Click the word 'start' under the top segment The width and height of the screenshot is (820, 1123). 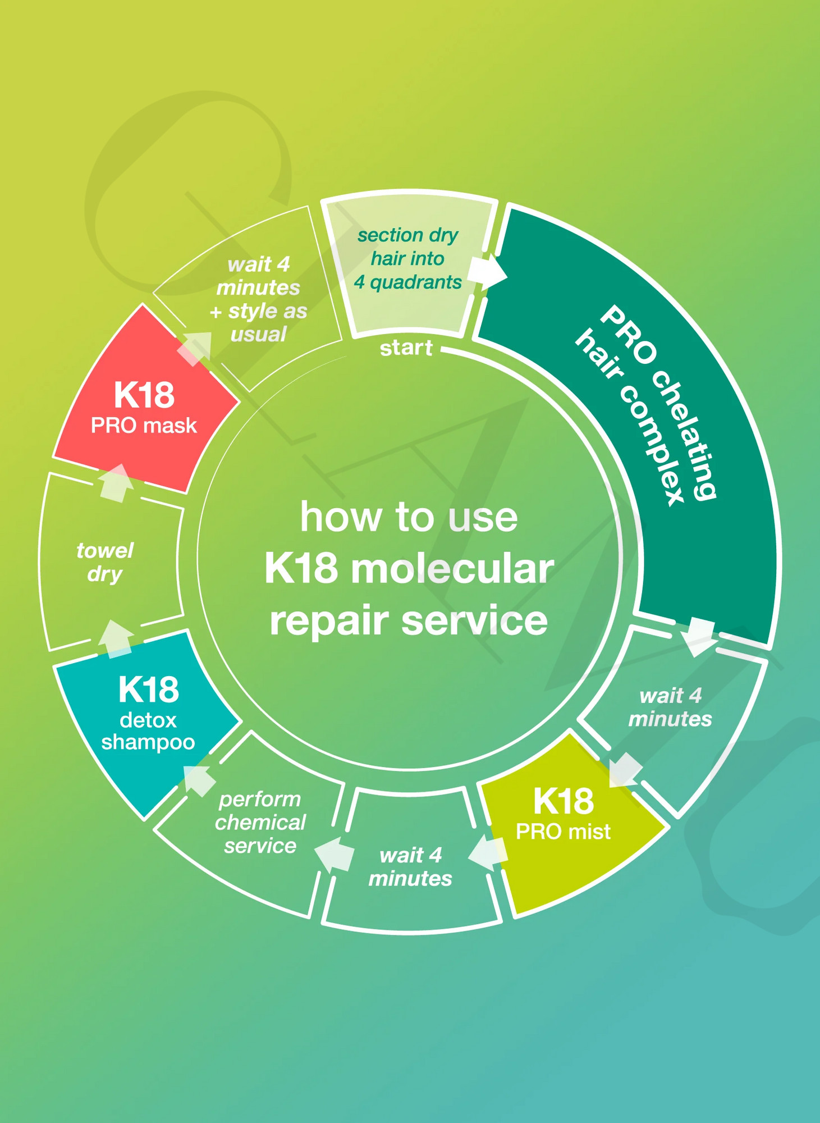point(406,348)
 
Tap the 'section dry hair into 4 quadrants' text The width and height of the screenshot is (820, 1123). point(408,258)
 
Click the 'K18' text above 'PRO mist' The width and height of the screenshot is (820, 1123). point(563,801)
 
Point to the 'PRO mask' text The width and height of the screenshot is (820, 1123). point(144,426)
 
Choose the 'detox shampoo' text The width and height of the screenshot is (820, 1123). point(148,731)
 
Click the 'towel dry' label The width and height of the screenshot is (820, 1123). point(105,562)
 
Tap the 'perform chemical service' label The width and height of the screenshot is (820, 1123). point(260,823)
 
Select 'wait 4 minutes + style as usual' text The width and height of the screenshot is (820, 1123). point(259,299)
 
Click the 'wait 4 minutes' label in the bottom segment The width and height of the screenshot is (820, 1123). point(410,867)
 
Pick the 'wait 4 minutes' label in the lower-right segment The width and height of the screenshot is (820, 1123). point(670,707)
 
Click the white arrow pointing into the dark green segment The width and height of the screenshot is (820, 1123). point(487,272)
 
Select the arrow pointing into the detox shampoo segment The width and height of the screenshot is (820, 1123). point(200,779)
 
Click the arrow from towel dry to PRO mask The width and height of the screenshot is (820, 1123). point(116,483)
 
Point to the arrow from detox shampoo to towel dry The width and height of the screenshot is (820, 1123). point(116,639)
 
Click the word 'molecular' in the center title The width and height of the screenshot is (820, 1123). point(453,569)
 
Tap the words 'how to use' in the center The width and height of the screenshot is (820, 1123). point(409,517)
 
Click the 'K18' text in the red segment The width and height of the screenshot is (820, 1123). point(144,395)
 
